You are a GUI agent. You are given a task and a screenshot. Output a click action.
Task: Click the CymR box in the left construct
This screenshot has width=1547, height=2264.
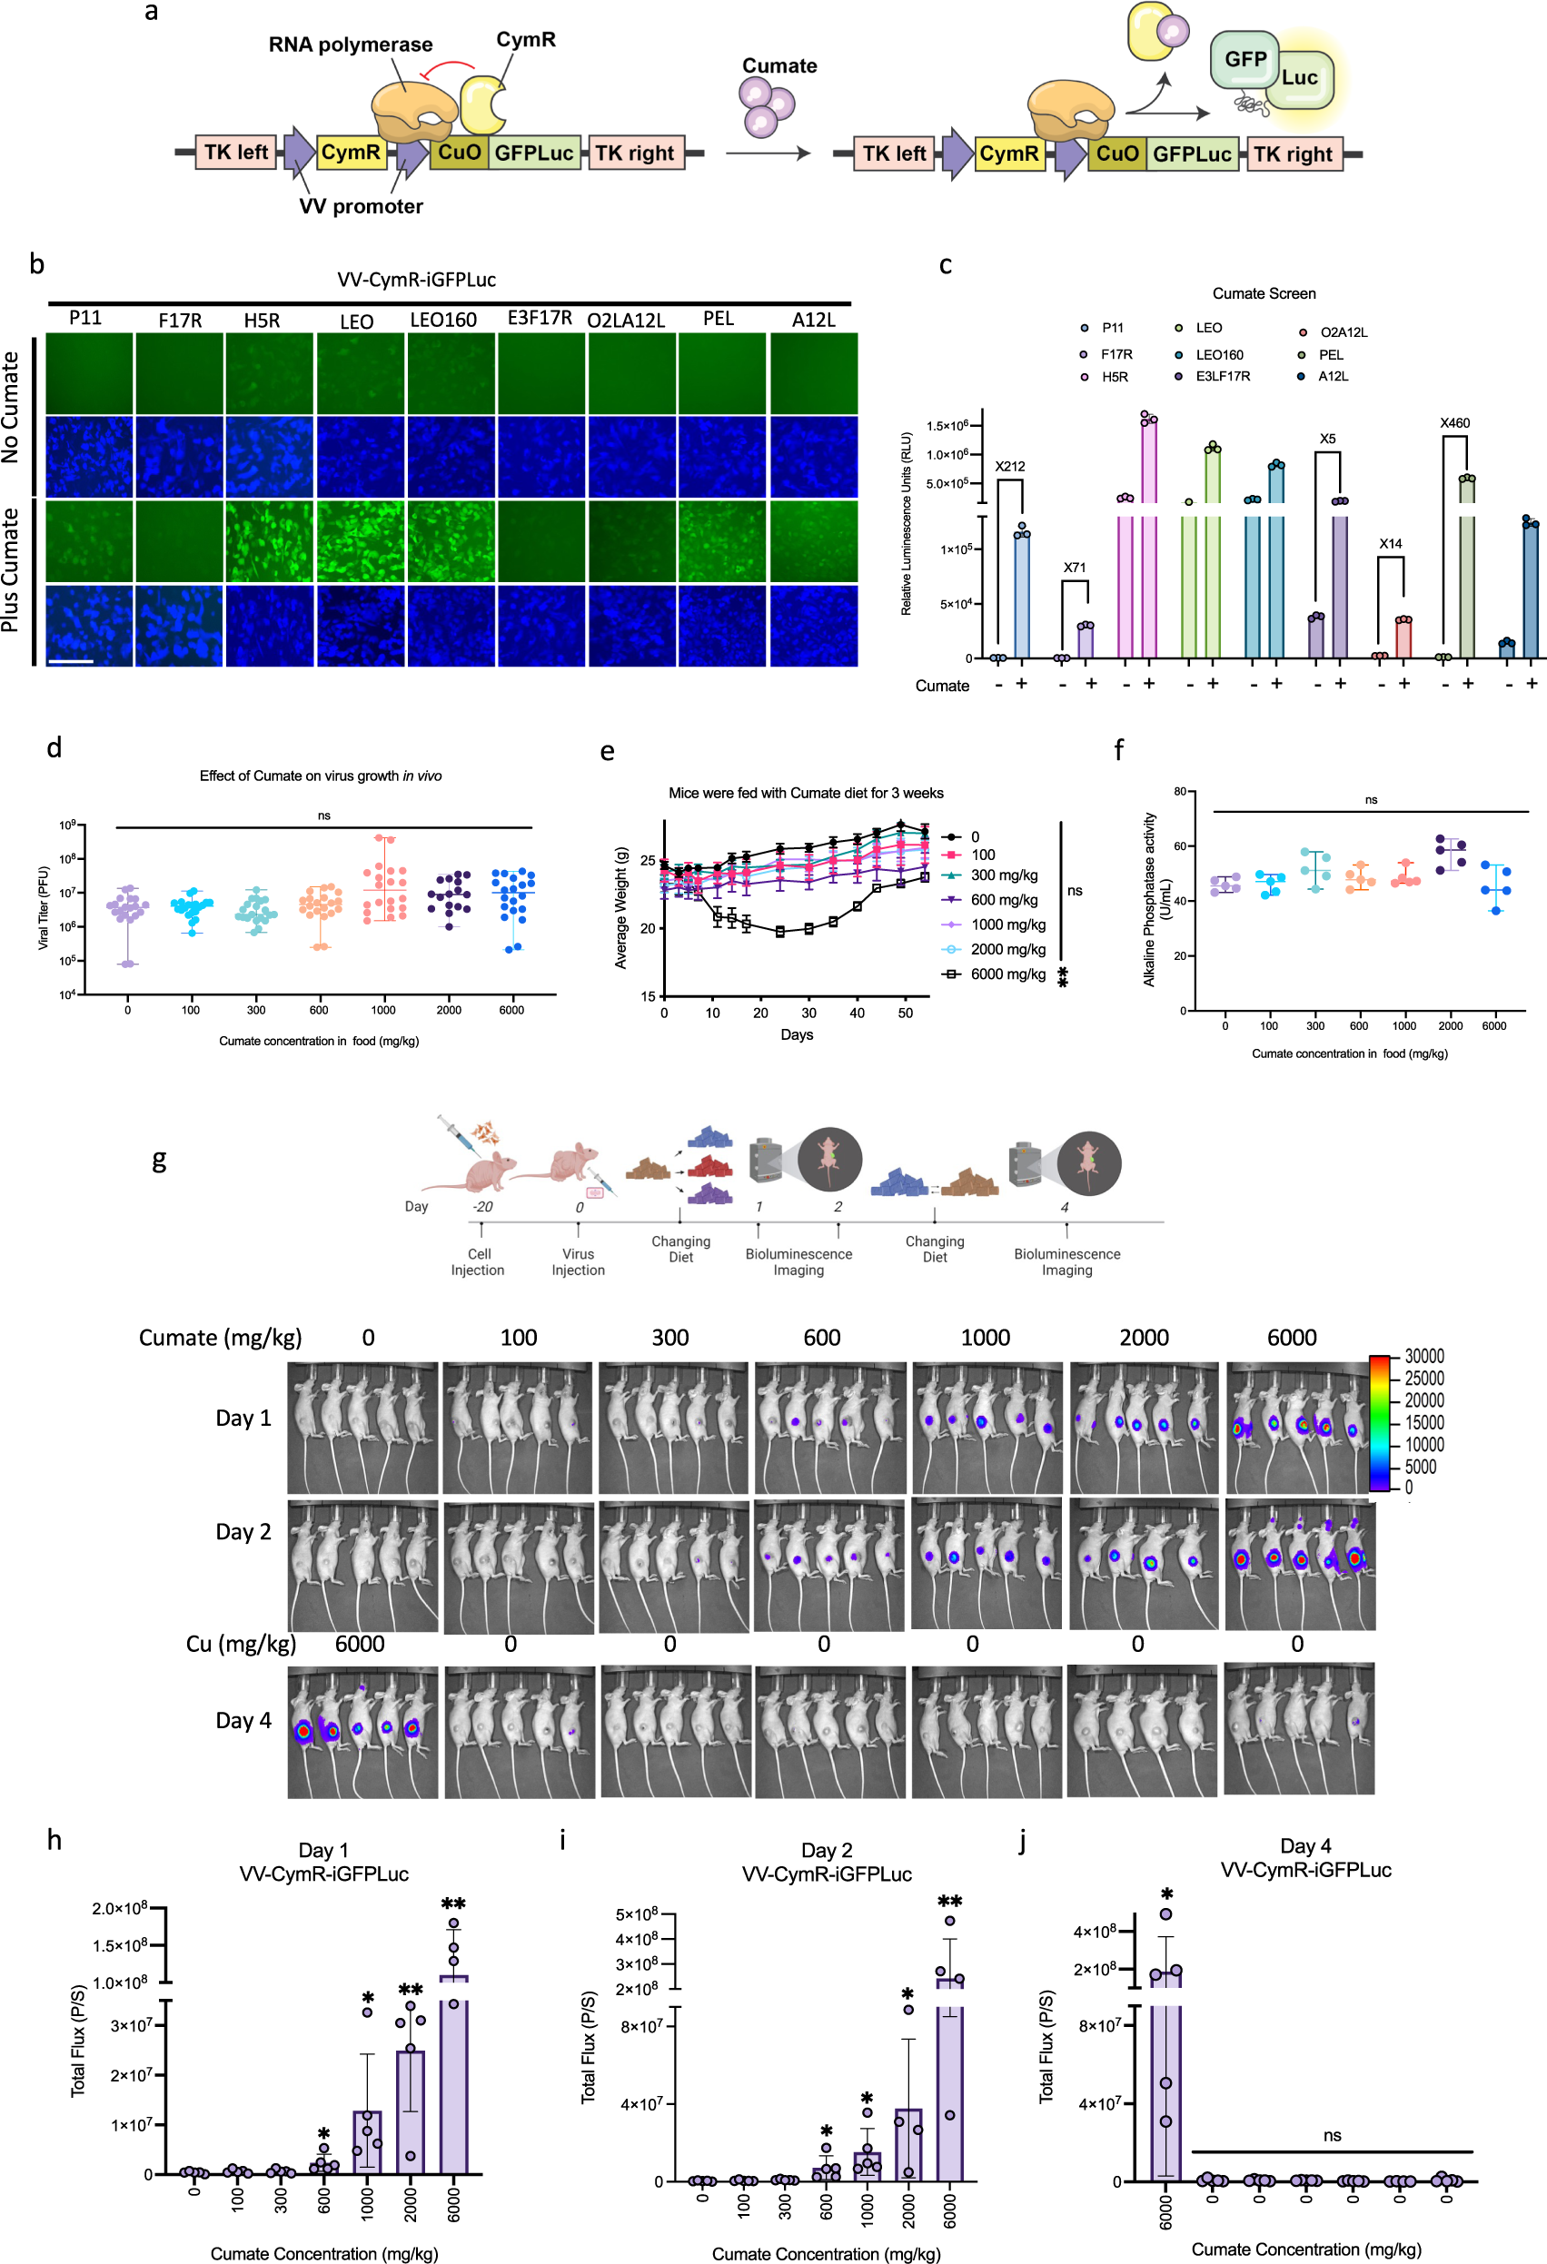point(351,153)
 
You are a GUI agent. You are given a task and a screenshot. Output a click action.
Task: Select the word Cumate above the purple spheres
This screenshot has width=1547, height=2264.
point(779,66)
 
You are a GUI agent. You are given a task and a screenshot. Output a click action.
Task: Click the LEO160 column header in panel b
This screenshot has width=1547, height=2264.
point(443,321)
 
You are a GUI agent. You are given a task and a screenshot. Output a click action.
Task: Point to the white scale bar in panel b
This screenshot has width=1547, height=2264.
point(70,661)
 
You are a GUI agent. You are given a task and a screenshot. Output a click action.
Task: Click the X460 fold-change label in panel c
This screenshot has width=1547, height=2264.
point(1454,423)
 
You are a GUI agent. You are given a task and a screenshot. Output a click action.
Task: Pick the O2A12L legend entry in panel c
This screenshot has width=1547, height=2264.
point(1343,332)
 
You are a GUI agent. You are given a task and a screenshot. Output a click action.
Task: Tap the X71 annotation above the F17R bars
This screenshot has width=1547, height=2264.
point(1074,567)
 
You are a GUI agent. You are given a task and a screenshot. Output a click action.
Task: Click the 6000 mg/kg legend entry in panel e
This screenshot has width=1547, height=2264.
point(1007,974)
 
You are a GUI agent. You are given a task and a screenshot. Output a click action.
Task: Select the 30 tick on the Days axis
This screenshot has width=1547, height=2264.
point(808,1013)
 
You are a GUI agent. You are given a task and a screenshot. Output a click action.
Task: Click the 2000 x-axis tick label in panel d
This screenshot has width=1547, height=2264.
point(448,1010)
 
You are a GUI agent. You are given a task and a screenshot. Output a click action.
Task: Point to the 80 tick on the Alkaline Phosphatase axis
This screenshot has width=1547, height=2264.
point(1179,792)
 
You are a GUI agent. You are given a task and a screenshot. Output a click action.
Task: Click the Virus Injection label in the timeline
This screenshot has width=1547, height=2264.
point(578,1261)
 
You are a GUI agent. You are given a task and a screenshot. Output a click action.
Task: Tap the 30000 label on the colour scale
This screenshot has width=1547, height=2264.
point(1423,1357)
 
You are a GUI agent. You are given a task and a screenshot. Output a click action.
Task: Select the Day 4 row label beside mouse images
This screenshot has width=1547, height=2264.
point(243,1720)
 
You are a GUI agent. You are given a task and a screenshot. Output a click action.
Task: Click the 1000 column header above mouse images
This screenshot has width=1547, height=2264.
point(985,1338)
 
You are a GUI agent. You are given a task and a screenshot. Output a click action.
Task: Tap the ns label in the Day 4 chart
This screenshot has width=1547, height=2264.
point(1332,2135)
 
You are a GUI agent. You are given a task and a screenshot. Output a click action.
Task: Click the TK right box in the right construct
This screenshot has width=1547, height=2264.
point(1293,153)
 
